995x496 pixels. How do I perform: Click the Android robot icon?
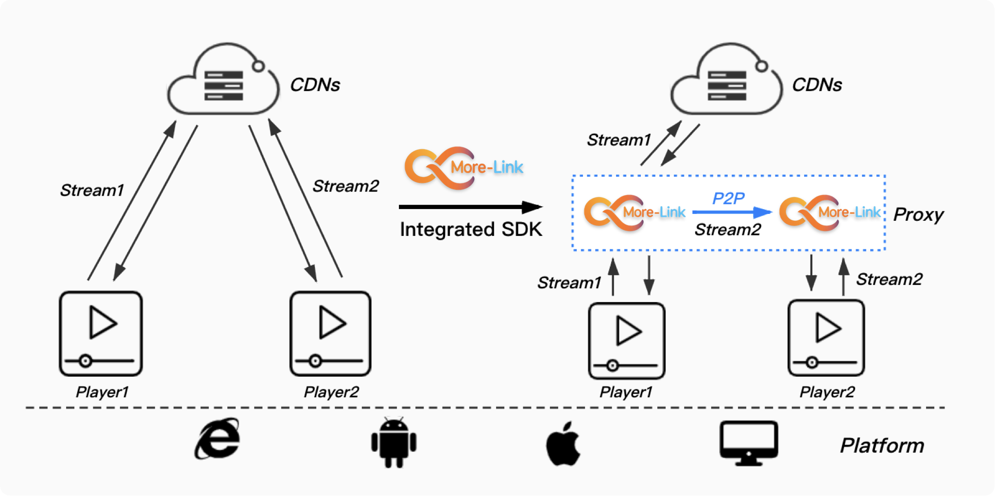[394, 442]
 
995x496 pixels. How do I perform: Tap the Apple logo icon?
[563, 443]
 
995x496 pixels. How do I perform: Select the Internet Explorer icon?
[217, 439]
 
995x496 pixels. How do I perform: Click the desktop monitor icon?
[749, 443]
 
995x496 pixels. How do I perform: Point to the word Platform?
[882, 445]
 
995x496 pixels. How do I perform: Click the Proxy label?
[918, 214]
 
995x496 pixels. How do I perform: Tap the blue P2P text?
[728, 198]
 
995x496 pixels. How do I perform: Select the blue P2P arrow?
[732, 212]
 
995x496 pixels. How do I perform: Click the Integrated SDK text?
[470, 230]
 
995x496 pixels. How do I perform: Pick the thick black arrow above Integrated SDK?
[470, 207]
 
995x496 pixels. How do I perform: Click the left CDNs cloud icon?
[223, 79]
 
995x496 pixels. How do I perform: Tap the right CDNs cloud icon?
[727, 79]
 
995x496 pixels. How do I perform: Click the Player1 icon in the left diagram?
[101, 334]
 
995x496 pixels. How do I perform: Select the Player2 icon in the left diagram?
[330, 334]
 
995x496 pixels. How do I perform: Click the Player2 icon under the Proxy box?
[826, 338]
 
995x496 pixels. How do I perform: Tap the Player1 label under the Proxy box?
[626, 392]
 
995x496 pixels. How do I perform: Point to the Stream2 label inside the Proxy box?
[728, 230]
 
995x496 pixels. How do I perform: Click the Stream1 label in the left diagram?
[92, 190]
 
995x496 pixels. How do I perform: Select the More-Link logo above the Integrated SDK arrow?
[463, 168]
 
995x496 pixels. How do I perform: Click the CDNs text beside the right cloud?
[817, 85]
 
